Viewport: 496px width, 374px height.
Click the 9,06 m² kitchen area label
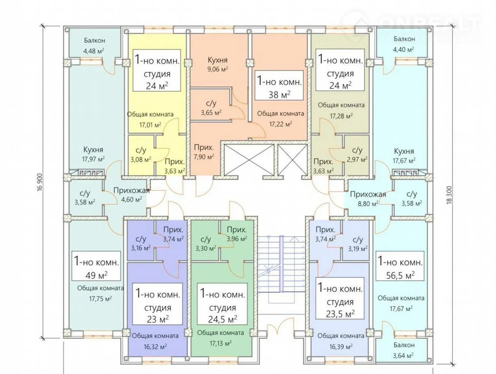[217, 69]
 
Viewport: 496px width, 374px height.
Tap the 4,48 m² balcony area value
[94, 51]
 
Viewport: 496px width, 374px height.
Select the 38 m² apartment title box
[279, 86]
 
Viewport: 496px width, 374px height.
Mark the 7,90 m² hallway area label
[204, 157]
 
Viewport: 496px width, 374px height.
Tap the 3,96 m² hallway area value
[237, 238]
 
